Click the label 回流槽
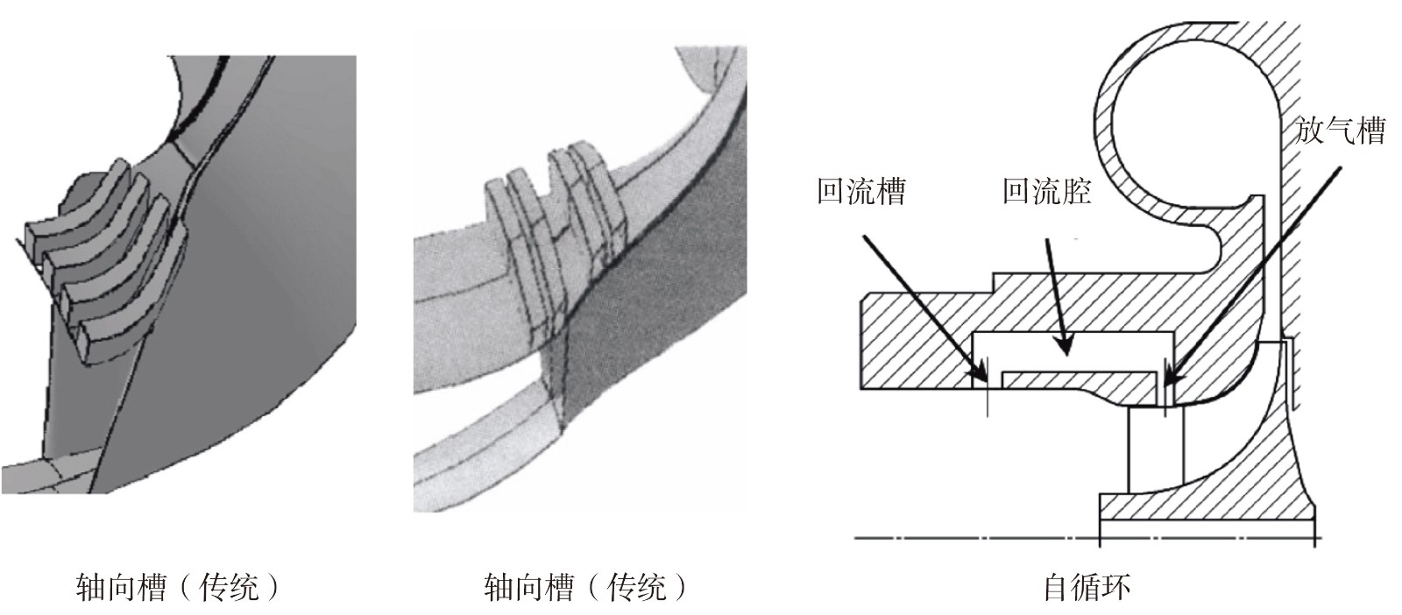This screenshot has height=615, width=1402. [860, 190]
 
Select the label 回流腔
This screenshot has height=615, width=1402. [1046, 190]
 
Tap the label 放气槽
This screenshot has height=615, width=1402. [1340, 131]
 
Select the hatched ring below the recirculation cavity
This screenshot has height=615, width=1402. [1078, 379]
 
